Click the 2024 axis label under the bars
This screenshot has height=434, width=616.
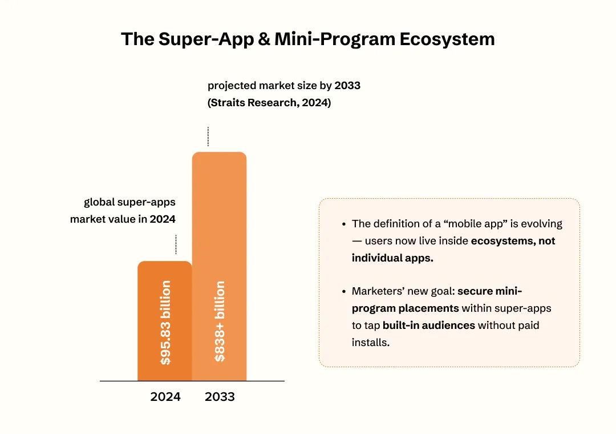[165, 397]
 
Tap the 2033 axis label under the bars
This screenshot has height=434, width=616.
[220, 397]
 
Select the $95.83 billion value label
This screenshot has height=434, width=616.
[165, 323]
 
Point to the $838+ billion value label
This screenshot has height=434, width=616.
[220, 322]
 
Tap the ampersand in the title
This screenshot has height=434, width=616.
[264, 39]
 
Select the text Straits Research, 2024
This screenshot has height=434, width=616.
[269, 103]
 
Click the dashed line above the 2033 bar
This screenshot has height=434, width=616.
[208, 136]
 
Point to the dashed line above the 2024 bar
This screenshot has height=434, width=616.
[176, 244]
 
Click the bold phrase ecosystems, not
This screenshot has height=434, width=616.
[513, 241]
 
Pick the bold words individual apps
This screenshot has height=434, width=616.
[392, 258]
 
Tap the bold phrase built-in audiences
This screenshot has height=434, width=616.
[429, 325]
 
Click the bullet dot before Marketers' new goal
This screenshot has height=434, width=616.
[343, 292]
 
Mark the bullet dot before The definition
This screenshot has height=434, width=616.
[343, 224]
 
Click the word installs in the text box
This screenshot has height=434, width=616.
[370, 343]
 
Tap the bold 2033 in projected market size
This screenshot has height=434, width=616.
[347, 86]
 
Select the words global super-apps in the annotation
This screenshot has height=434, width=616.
[129, 202]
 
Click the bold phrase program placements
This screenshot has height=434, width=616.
[405, 308]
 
